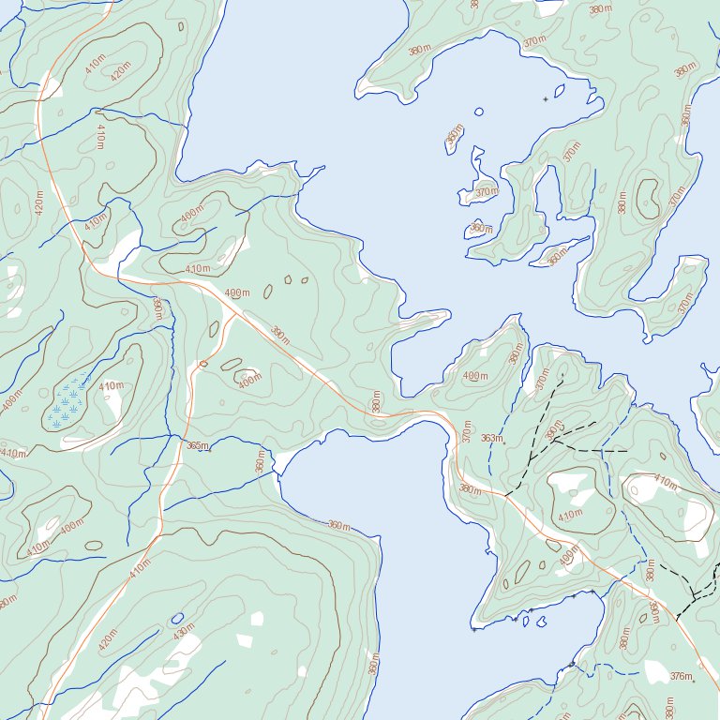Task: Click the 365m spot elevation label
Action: coord(197,446)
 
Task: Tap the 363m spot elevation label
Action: coord(492,438)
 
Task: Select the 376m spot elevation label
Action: coord(682,675)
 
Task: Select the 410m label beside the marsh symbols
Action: coord(111,386)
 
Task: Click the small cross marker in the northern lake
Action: coord(546,98)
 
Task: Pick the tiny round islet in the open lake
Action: coord(479,112)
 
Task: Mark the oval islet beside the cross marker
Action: coord(560,91)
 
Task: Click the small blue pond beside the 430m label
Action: coord(176,619)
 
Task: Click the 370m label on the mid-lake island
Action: coord(485,192)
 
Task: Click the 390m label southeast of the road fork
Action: coord(280,334)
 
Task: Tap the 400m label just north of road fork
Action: coord(238,293)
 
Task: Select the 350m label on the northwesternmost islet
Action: coord(455,137)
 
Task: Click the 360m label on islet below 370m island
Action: coord(480,228)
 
